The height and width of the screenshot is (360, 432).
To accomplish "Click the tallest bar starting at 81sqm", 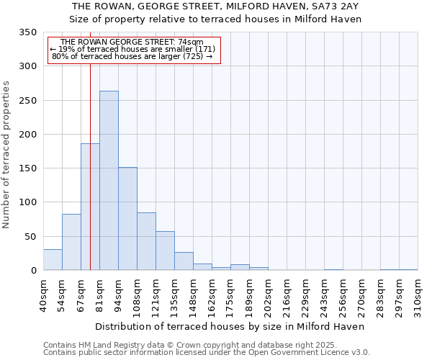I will pos(109,181).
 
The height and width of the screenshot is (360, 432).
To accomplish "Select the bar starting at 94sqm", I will pos(127,219).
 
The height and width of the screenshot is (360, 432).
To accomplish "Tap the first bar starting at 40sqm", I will pos(53,260).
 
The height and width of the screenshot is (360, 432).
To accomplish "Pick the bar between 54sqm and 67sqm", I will pos(71,242).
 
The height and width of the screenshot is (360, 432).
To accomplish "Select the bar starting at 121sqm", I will pos(165,251).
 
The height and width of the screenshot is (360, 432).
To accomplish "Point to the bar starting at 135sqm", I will pos(184,261).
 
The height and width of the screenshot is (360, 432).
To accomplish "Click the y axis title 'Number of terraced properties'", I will pos(6,154).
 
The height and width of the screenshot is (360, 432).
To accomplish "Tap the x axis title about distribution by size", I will pos(230,326).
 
